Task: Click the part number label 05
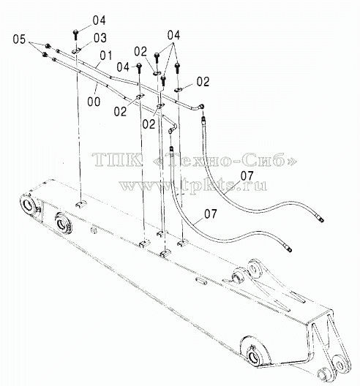pyautogui.click(x=19, y=39)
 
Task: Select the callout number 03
pyautogui.click(x=100, y=38)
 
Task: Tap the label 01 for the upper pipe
pyautogui.click(x=106, y=56)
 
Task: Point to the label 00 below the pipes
pyautogui.click(x=94, y=102)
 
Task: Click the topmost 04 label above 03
pyautogui.click(x=99, y=20)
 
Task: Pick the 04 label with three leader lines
pyautogui.click(x=173, y=35)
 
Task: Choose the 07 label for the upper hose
pyautogui.click(x=247, y=176)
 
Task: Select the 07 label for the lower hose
pyautogui.click(x=211, y=214)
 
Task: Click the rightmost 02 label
pyautogui.click(x=203, y=82)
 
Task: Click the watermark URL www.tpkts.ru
pyautogui.click(x=193, y=185)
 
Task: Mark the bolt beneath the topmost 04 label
pyautogui.click(x=75, y=35)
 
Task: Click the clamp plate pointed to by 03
pyautogui.click(x=77, y=51)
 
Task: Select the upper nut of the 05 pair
pyautogui.click(x=48, y=45)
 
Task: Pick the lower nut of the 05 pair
pyautogui.click(x=45, y=55)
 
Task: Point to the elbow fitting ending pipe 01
pyautogui.click(x=200, y=107)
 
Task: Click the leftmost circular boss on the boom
pyautogui.click(x=29, y=204)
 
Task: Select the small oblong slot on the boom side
pyautogui.click(x=200, y=281)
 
